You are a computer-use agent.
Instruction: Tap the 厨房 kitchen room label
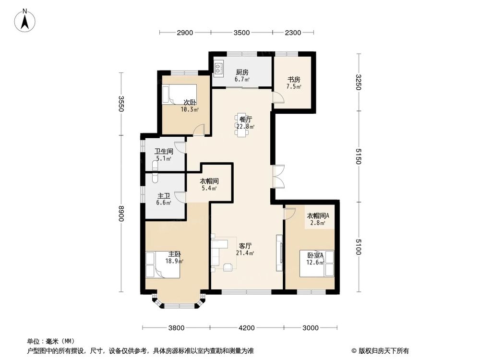pos(241,75)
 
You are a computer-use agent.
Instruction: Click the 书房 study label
pos(294,83)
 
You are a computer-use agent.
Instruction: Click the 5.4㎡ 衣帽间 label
pos(209,185)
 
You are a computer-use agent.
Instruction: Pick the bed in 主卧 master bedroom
pos(163,264)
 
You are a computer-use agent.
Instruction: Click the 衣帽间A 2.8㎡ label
pos(318,219)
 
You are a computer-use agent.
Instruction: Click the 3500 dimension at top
pos(241,33)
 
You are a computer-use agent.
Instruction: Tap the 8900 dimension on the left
pos(121,215)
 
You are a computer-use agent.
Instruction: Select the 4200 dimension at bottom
pos(246,328)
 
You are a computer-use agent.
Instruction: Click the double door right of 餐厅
pos(278,177)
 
